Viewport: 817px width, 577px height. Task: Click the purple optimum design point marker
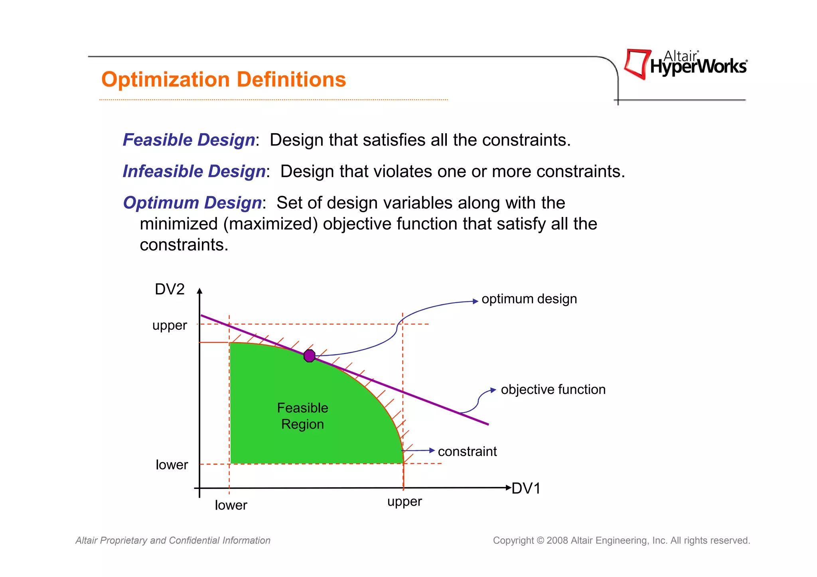click(309, 355)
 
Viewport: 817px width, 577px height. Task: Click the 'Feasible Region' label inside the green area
click(302, 416)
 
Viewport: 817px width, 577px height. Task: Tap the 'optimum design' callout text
click(529, 299)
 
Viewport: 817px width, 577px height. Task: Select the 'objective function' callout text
click(553, 390)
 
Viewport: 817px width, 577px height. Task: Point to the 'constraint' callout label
click(467, 451)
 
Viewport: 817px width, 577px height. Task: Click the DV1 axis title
click(526, 488)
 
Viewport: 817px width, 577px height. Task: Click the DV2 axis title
click(170, 289)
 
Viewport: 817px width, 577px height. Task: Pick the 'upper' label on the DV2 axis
click(170, 326)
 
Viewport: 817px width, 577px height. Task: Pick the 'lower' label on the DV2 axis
click(172, 465)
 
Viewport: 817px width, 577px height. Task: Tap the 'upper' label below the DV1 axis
click(405, 502)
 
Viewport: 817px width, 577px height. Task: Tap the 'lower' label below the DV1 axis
click(231, 505)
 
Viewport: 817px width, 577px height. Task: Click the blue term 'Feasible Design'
click(189, 140)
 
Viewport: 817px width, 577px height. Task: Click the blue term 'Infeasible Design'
click(194, 171)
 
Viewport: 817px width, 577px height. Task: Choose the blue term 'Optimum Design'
click(192, 203)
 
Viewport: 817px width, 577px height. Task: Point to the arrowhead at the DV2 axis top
click(200, 291)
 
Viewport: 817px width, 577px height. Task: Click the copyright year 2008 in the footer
click(557, 541)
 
